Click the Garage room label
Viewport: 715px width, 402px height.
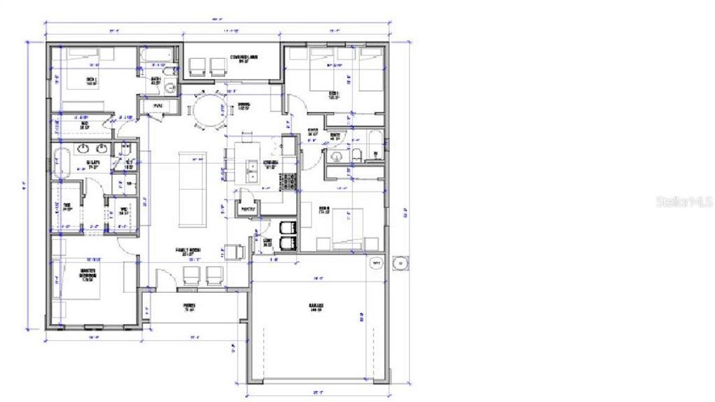pos(316,308)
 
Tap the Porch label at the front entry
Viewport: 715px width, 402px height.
pos(188,309)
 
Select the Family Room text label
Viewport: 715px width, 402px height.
pos(188,252)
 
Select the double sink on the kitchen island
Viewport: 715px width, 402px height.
pos(252,172)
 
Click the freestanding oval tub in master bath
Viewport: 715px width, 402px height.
pos(61,163)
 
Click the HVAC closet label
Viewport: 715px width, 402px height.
pos(158,105)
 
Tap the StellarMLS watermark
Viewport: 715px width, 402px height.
pos(684,200)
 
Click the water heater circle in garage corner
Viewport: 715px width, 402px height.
pos(375,264)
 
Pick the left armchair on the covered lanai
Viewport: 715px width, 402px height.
pos(198,65)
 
